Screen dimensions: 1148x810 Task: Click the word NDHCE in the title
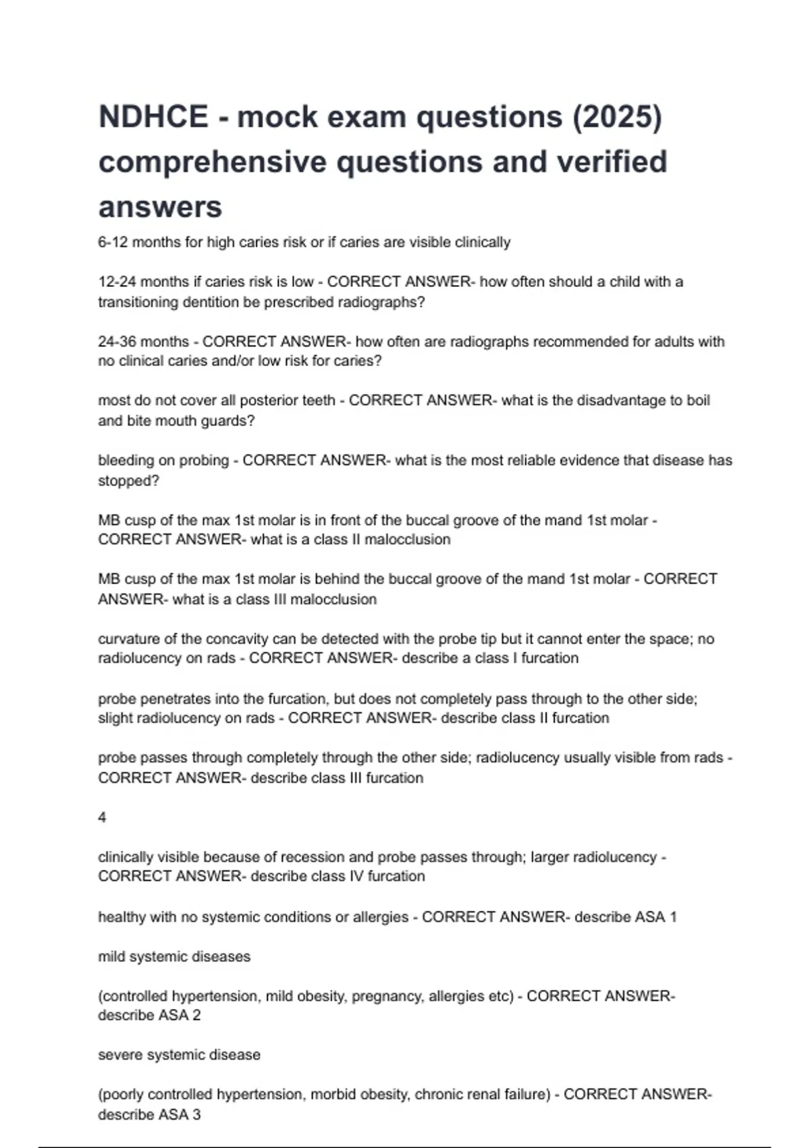(153, 117)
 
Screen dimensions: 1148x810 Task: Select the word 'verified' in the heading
(612, 162)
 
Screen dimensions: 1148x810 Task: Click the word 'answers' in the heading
(160, 207)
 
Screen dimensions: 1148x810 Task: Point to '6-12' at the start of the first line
(112, 242)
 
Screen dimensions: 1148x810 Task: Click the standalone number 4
(102, 818)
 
